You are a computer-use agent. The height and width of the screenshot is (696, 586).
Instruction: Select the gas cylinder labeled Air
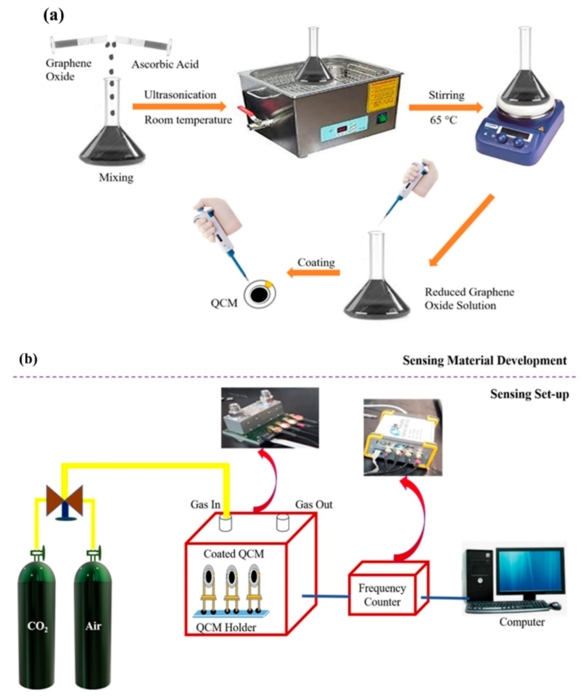coord(93,627)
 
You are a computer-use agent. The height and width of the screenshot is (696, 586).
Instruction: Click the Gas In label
coord(205,504)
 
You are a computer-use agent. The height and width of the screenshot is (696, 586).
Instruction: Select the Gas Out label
coord(314,504)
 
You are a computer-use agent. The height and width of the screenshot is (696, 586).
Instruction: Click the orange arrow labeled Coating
coord(314,273)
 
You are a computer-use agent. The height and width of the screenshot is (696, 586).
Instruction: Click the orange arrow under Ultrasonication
coord(179,107)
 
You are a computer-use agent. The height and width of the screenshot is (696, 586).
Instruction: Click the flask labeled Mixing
coord(112,142)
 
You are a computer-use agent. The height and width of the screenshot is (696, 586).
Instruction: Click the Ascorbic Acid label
coord(165,64)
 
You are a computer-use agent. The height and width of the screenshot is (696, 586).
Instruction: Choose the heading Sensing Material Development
coord(484,361)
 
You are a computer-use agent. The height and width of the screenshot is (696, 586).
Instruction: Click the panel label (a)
coord(53,15)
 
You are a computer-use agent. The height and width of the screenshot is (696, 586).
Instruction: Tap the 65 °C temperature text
coord(443,120)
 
